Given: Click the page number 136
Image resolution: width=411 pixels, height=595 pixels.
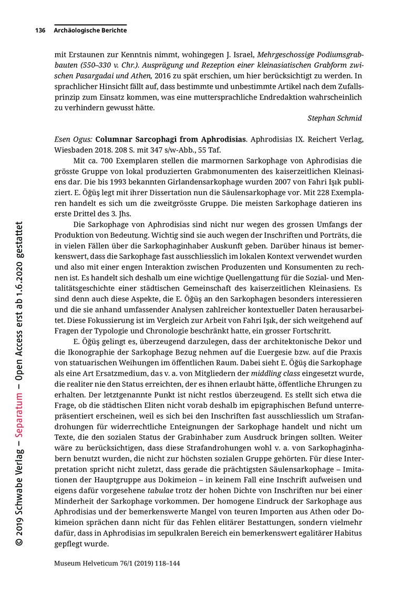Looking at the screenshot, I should point(40,31).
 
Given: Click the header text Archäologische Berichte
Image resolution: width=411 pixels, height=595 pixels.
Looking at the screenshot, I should point(90,31).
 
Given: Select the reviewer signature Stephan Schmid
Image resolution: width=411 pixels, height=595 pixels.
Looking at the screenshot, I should point(334,118).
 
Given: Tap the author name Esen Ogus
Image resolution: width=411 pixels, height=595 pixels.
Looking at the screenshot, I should point(74,139).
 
